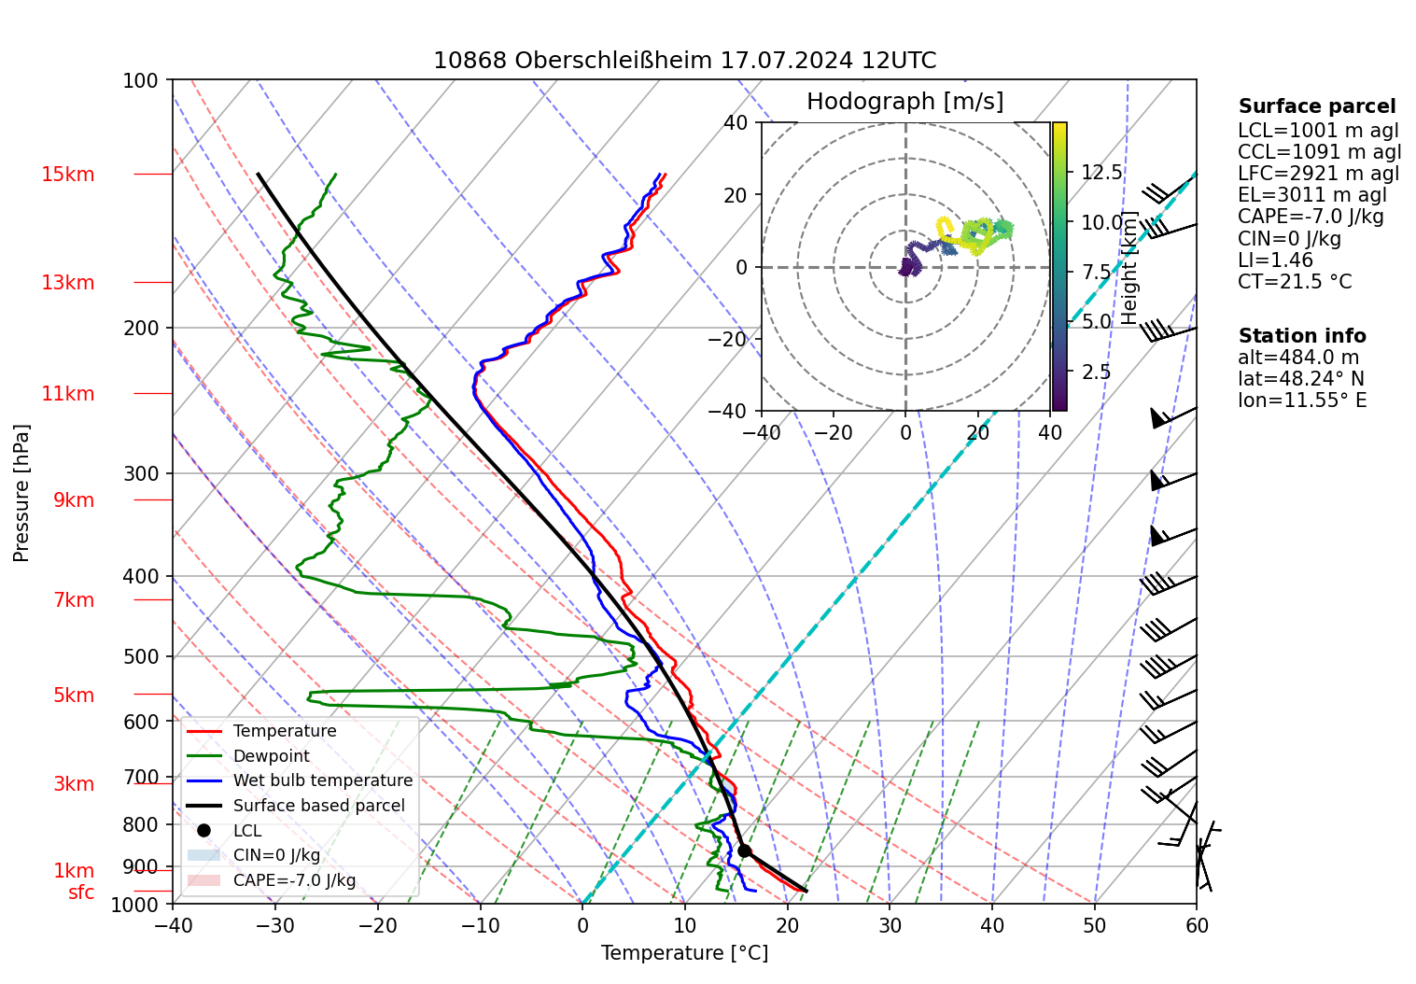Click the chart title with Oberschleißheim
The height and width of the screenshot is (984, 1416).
click(684, 61)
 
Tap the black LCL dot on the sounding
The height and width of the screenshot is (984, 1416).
click(744, 850)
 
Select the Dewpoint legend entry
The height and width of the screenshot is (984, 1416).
click(271, 756)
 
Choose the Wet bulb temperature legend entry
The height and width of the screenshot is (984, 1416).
click(322, 780)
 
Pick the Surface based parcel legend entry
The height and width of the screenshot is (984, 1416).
click(318, 806)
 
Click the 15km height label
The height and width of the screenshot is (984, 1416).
click(67, 175)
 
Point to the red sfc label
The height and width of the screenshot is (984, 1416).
click(81, 893)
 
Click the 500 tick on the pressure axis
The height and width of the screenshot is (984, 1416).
click(141, 656)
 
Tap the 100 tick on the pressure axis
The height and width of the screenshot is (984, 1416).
click(141, 80)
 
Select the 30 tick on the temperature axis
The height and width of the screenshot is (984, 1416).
click(890, 925)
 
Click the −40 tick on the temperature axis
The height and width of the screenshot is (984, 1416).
click(173, 925)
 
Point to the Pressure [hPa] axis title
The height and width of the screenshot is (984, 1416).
click(21, 493)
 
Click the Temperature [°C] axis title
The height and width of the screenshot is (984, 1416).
click(684, 953)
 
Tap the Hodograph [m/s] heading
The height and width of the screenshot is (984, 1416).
click(904, 102)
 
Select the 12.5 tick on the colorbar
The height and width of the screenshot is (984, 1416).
click(1101, 173)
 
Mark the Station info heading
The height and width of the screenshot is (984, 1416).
click(1301, 336)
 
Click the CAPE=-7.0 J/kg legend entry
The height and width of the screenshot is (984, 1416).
click(294, 880)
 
